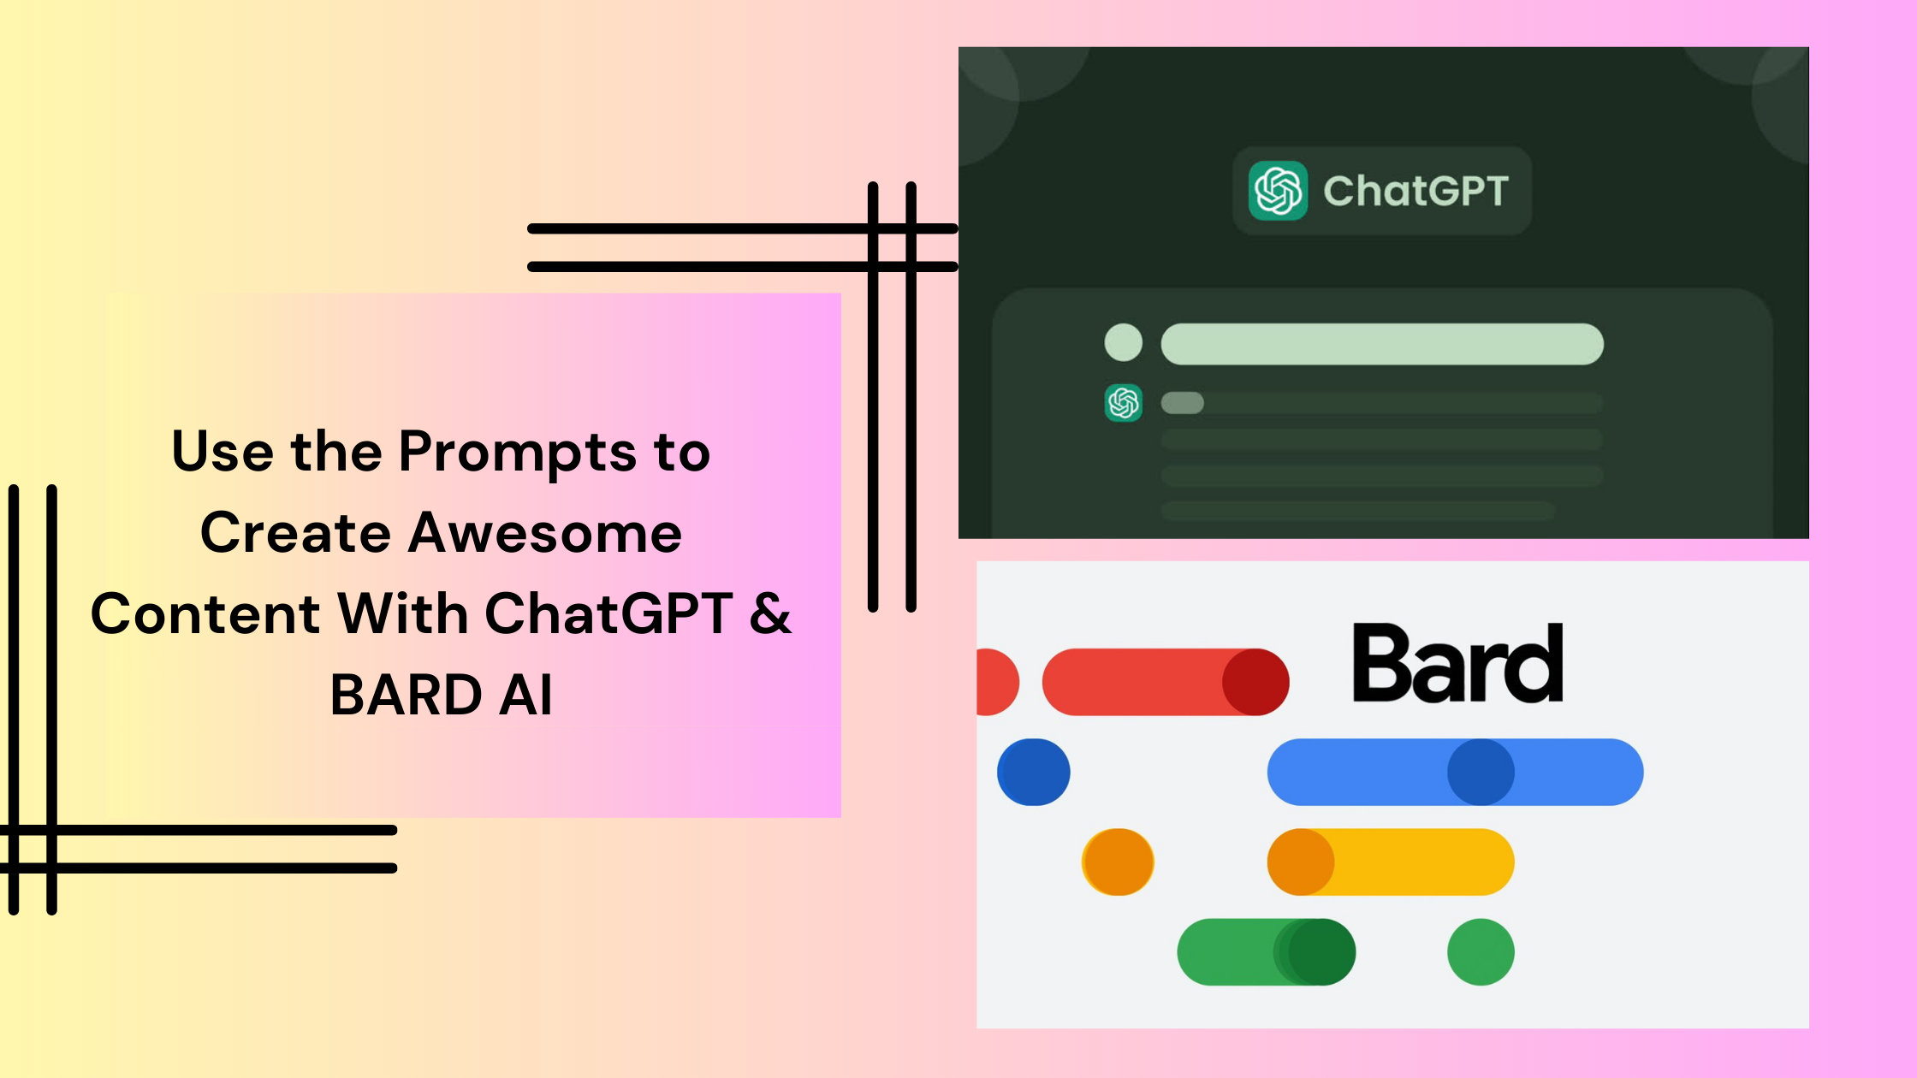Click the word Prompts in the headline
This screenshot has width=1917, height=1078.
[x=517, y=452]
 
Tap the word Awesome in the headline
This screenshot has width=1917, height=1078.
[x=545, y=533]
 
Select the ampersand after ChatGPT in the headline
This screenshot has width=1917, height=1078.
[x=770, y=613]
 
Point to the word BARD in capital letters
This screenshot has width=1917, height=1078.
[x=406, y=694]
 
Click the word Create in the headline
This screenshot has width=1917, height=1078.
[x=296, y=533]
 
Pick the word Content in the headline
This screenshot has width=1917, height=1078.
[x=205, y=613]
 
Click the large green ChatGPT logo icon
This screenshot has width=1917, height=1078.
[x=1278, y=190]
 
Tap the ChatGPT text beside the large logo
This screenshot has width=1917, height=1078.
[x=1415, y=191]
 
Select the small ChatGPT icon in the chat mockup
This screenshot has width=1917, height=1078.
[x=1124, y=402]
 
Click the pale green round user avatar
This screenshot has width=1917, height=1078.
[x=1124, y=342]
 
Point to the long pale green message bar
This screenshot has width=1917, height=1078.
[x=1381, y=344]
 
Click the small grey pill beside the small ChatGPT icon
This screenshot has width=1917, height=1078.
[x=1182, y=402]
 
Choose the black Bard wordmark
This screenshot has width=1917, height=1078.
[x=1457, y=664]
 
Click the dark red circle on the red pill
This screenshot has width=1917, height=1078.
[x=1255, y=682]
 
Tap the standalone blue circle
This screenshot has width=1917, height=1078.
[x=1034, y=772]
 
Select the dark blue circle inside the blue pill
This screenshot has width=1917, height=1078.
[x=1481, y=772]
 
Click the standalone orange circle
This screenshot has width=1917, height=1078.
[x=1118, y=862]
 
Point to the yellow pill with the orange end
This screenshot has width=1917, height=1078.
[x=1412, y=862]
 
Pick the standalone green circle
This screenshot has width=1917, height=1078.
[x=1481, y=951]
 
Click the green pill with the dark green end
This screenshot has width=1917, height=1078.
[x=1241, y=951]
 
